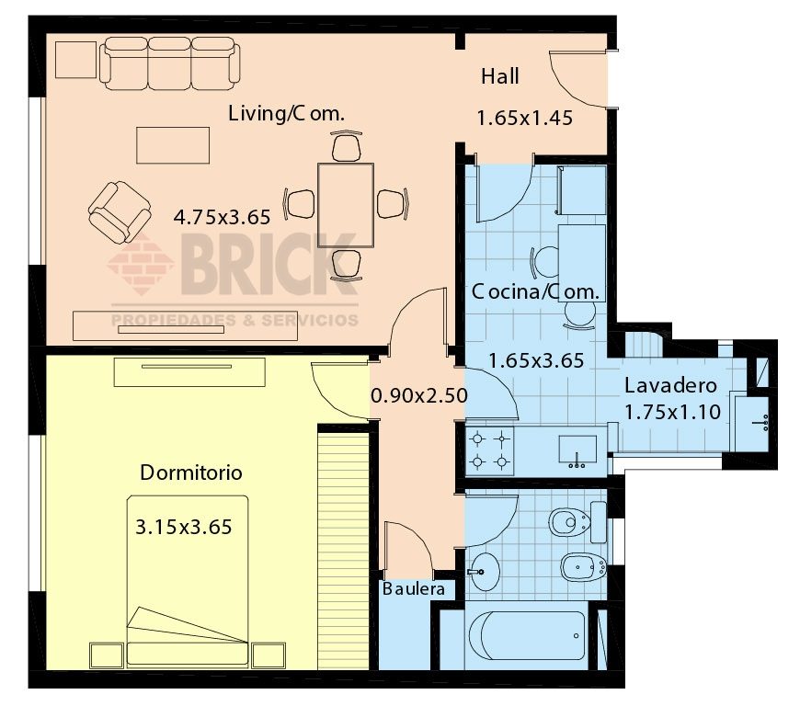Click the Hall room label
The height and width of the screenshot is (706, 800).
pyautogui.click(x=499, y=76)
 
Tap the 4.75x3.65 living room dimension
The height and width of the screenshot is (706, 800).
pyautogui.click(x=222, y=218)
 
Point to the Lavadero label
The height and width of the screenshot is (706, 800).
pyautogui.click(x=666, y=385)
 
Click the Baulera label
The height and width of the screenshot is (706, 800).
pyautogui.click(x=414, y=588)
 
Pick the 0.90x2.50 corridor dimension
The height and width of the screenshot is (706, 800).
pyautogui.click(x=418, y=395)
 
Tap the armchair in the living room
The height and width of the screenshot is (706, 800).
pyautogui.click(x=119, y=212)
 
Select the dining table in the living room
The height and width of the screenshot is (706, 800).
pyautogui.click(x=345, y=205)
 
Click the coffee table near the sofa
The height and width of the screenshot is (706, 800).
pyautogui.click(x=173, y=144)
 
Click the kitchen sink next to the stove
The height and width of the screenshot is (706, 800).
pyautogui.click(x=577, y=450)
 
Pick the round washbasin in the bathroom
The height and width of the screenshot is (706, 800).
pyautogui.click(x=484, y=572)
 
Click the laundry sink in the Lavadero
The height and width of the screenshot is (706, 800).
pyautogui.click(x=760, y=423)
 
